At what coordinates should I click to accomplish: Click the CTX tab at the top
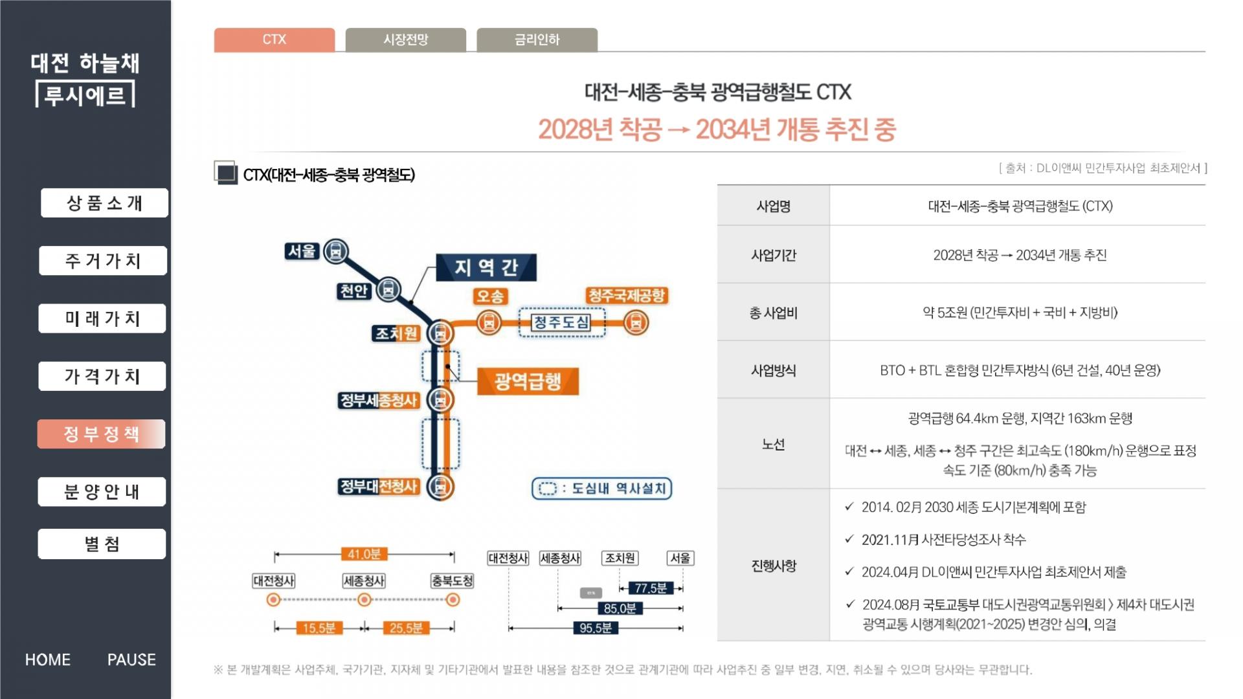click(274, 39)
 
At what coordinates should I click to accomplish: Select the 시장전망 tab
click(406, 39)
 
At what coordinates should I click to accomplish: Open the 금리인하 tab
click(537, 39)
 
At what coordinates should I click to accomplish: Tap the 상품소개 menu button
click(104, 203)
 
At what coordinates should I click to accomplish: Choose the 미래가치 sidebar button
click(102, 318)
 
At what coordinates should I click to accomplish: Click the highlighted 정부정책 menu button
click(102, 434)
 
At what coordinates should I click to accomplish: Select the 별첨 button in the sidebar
click(102, 544)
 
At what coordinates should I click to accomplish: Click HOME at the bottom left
click(48, 660)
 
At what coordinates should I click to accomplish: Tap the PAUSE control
click(131, 660)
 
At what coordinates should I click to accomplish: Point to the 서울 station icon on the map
click(335, 250)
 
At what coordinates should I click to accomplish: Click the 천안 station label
click(353, 291)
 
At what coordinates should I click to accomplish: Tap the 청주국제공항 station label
click(626, 296)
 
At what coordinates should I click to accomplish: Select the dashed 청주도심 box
click(561, 322)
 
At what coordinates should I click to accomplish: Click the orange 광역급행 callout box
click(528, 381)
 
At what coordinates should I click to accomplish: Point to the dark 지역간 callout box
click(486, 267)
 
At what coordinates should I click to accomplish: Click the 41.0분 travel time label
click(364, 554)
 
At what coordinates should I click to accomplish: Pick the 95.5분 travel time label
click(596, 628)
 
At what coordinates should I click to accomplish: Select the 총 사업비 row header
click(773, 313)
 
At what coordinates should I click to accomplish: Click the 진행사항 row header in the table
click(773, 566)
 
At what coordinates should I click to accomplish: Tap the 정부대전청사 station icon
click(440, 486)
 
